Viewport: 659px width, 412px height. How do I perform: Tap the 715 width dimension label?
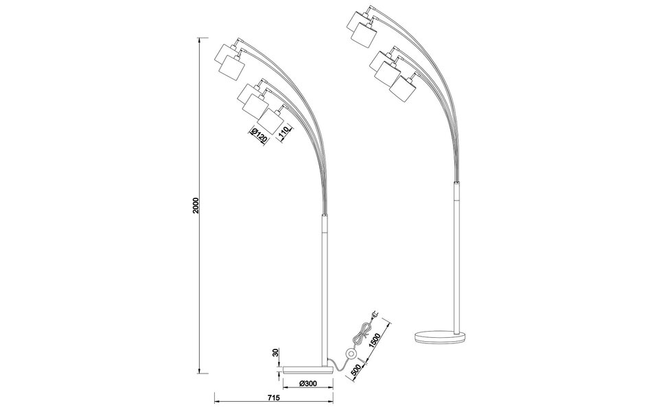(273, 398)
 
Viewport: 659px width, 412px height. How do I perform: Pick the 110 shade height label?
(284, 130)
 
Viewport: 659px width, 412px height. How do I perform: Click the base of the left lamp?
(308, 368)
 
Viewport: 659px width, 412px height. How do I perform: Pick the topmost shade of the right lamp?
(359, 19)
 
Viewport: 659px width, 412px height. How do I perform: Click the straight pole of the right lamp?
(456, 254)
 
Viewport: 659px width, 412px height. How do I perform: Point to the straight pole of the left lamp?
(326, 288)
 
